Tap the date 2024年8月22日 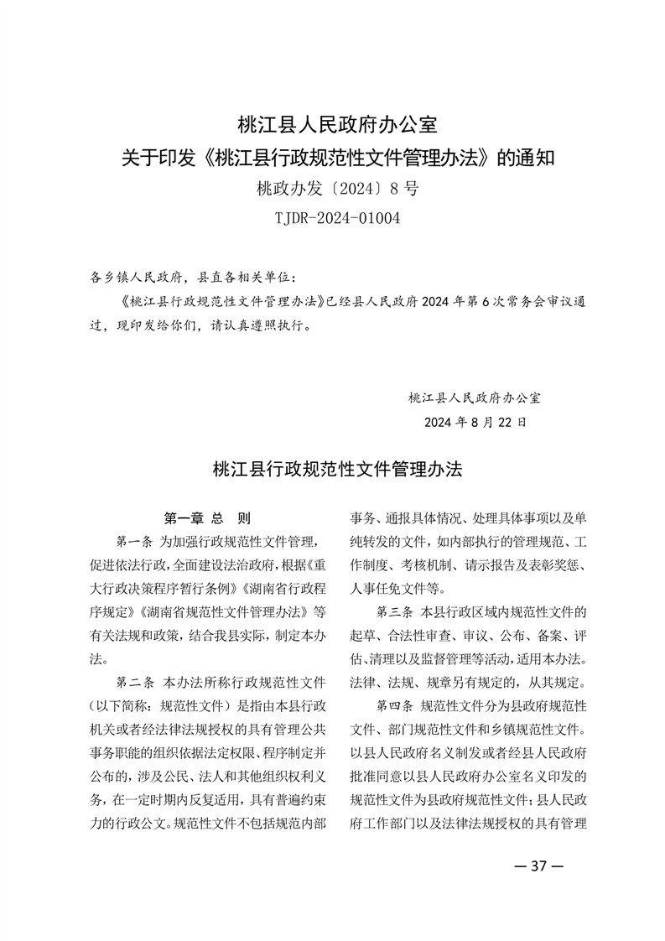point(475,422)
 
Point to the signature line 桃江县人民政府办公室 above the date point(475,396)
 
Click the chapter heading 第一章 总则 point(206,517)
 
